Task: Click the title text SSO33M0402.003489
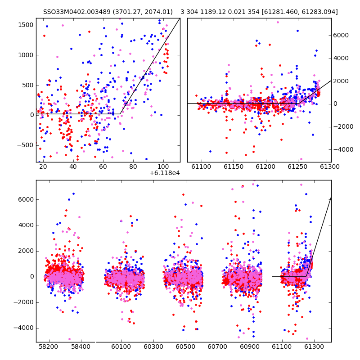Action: tap(76, 12)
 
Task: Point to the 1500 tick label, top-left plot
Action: tap(26, 25)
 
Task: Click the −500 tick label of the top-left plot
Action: tap(25, 145)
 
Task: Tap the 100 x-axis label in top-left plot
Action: tap(163, 166)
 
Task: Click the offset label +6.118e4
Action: tap(165, 173)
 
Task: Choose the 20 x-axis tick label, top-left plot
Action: tap(43, 166)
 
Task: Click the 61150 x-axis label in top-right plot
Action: tap(234, 166)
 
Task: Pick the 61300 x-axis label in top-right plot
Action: tap(330, 166)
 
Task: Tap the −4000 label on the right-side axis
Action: tap(343, 149)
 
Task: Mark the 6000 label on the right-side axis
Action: tap(341, 35)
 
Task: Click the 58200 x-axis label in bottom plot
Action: tap(48, 346)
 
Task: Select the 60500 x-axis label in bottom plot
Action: tap(185, 346)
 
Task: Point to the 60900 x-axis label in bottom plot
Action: tap(250, 346)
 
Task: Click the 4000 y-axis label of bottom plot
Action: tap(26, 225)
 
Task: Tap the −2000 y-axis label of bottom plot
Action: tap(23, 302)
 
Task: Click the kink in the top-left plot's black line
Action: tap(120, 114)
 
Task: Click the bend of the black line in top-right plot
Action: tap(298, 104)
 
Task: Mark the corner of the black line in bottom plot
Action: tap(306, 276)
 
